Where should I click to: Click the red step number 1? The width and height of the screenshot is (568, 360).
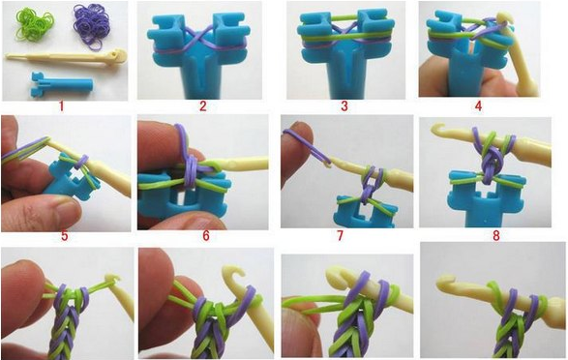61,106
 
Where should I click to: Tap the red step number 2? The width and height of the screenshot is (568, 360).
202,106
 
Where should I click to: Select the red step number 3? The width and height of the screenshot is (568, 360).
344,106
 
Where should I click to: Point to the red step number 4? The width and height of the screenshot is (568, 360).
479,106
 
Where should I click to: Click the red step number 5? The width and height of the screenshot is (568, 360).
65,236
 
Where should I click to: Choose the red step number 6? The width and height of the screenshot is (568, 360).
206,236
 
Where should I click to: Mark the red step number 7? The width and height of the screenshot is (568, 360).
340,236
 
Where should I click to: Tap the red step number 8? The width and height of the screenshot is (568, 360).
496,236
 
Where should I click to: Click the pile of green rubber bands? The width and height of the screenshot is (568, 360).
35,23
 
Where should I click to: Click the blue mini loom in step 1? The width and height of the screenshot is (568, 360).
62,84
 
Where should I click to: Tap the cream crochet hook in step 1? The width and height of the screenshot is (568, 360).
66,58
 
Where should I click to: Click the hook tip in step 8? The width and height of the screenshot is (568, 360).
439,129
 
